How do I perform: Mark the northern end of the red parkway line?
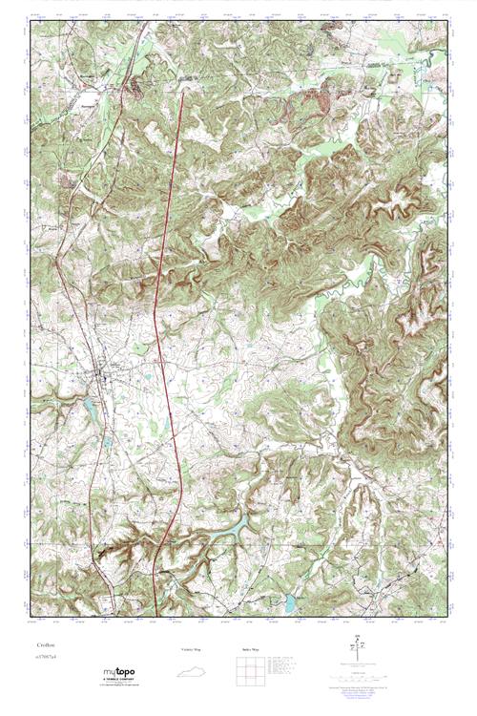coord(181,92)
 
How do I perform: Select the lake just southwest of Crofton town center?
coord(89,410)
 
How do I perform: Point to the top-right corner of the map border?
coord(447,22)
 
